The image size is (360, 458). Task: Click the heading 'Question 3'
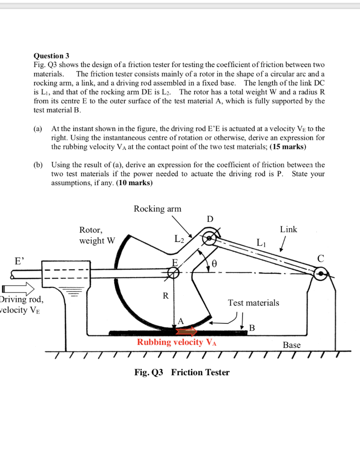point(51,56)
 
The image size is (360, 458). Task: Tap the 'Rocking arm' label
point(157,209)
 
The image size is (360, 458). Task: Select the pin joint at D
point(209,237)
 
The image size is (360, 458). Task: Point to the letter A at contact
point(181,321)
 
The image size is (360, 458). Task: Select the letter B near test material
point(251,328)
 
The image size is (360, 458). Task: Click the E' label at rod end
point(20,260)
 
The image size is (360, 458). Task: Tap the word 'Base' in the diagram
point(292,345)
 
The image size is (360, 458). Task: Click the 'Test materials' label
point(253,303)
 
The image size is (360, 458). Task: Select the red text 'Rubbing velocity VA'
point(177,343)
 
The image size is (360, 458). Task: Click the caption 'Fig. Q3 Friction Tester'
point(182,372)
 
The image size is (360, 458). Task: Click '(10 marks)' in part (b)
point(134,183)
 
